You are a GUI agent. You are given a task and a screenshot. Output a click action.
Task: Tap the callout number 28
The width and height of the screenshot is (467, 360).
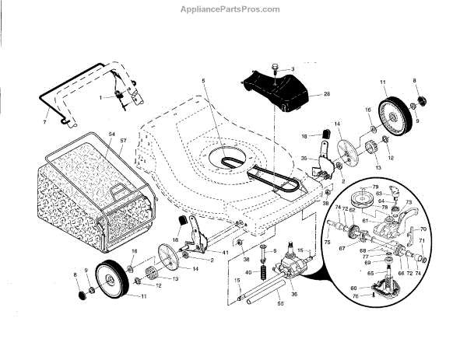tap(326, 95)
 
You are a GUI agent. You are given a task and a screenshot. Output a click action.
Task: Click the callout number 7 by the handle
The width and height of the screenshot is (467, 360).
tap(44, 122)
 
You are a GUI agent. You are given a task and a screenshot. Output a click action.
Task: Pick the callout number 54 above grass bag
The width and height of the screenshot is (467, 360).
tap(111, 135)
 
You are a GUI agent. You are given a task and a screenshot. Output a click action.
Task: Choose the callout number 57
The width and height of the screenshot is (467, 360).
tap(122, 141)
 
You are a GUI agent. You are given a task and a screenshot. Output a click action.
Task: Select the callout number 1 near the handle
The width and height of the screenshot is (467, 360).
tap(100, 96)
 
